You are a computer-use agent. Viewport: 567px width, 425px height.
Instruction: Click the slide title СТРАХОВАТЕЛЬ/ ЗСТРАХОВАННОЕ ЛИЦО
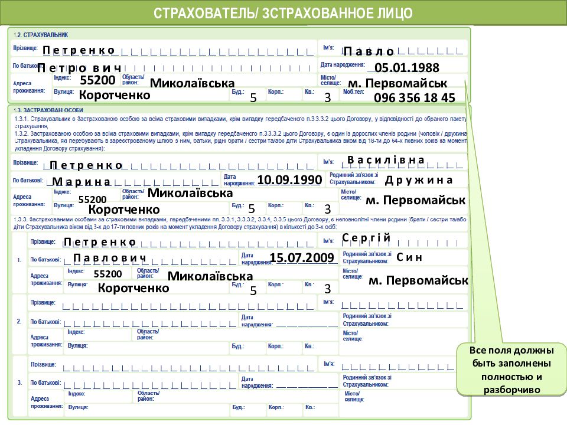283,13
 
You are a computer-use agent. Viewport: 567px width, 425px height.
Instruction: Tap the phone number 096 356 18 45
414,97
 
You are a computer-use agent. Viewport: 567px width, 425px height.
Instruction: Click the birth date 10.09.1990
289,179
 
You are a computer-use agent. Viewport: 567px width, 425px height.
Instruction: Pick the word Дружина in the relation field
418,180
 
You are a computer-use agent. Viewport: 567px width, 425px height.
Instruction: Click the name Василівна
386,160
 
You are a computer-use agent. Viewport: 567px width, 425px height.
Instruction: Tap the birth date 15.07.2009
302,257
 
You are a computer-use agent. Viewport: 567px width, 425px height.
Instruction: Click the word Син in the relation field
409,257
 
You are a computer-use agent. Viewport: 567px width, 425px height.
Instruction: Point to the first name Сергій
366,237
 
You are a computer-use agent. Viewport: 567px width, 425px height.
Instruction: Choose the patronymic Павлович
109,258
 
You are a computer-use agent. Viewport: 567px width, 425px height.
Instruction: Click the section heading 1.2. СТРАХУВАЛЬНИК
41,35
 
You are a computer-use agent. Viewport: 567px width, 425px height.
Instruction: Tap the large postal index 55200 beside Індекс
97,80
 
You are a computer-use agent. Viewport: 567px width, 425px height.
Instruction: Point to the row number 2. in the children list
19,321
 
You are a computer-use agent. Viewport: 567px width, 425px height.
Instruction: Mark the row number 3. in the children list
19,382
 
